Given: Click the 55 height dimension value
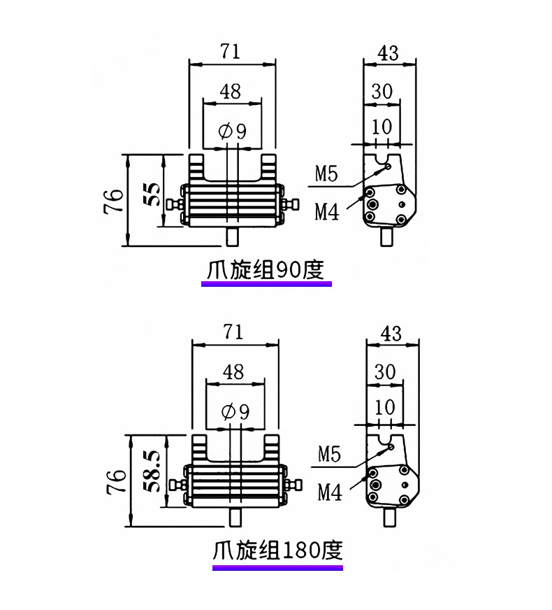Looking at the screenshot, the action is coord(154,194).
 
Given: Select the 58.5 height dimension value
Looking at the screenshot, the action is coord(154,471).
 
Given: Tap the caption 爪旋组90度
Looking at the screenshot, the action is coord(266,270).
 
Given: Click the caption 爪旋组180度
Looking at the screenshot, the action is coord(277,550).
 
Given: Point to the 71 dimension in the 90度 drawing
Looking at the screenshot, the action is coord(231,51).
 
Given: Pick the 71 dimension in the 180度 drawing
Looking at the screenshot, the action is coord(233,332).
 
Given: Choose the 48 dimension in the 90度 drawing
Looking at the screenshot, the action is coord(231,92).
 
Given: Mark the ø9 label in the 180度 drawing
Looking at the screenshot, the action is coord(235,411).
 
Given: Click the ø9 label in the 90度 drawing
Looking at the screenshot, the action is coord(232,131).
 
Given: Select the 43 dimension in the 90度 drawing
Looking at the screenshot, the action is coord(388,53).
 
